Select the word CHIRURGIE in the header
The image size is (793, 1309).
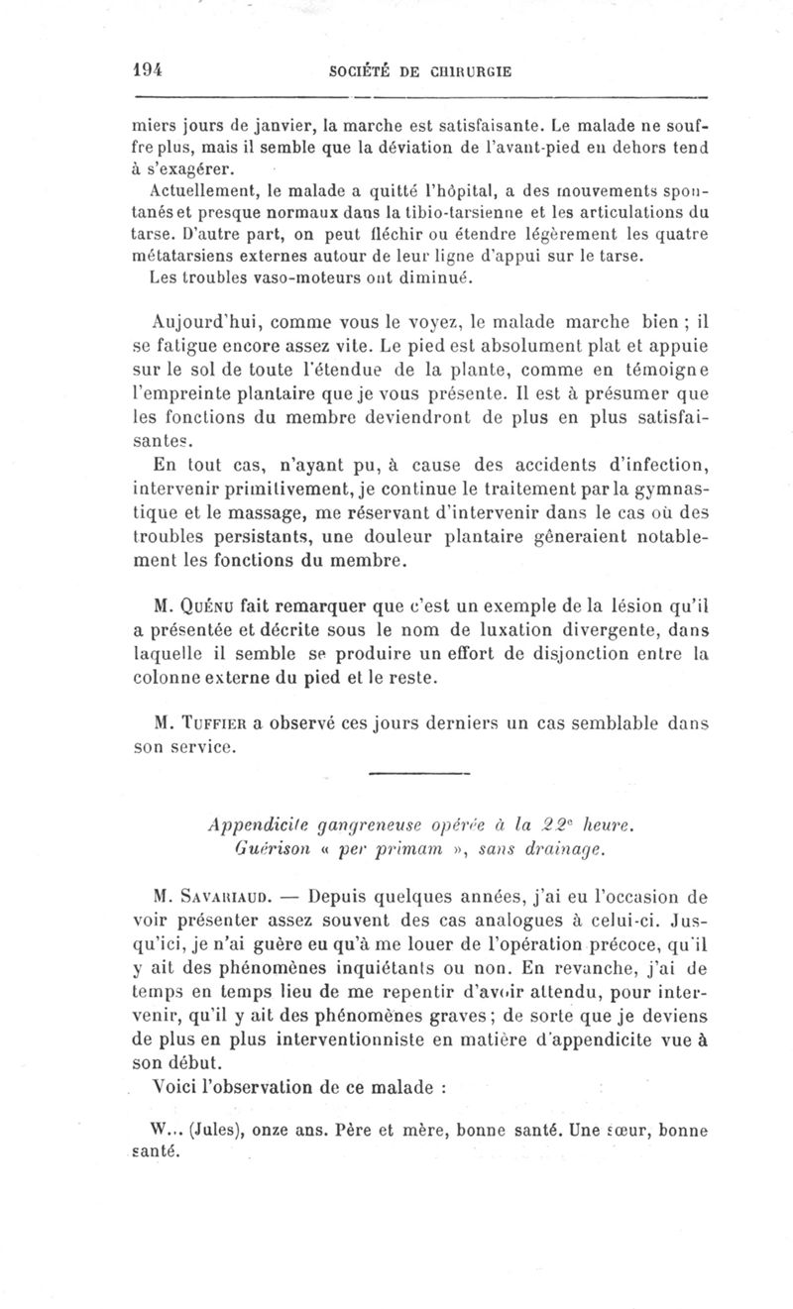point(472,71)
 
